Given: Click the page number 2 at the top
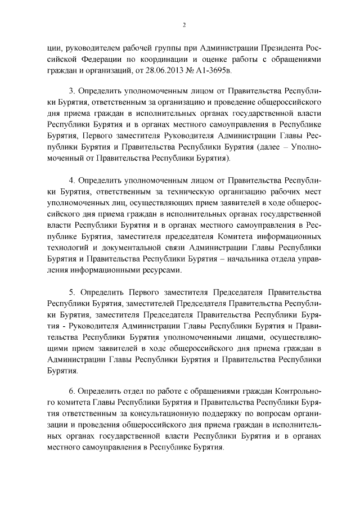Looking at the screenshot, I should click(x=184, y=25).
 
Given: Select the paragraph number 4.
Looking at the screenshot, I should click(x=71, y=180).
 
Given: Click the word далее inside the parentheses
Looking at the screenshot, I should click(x=269, y=147).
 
